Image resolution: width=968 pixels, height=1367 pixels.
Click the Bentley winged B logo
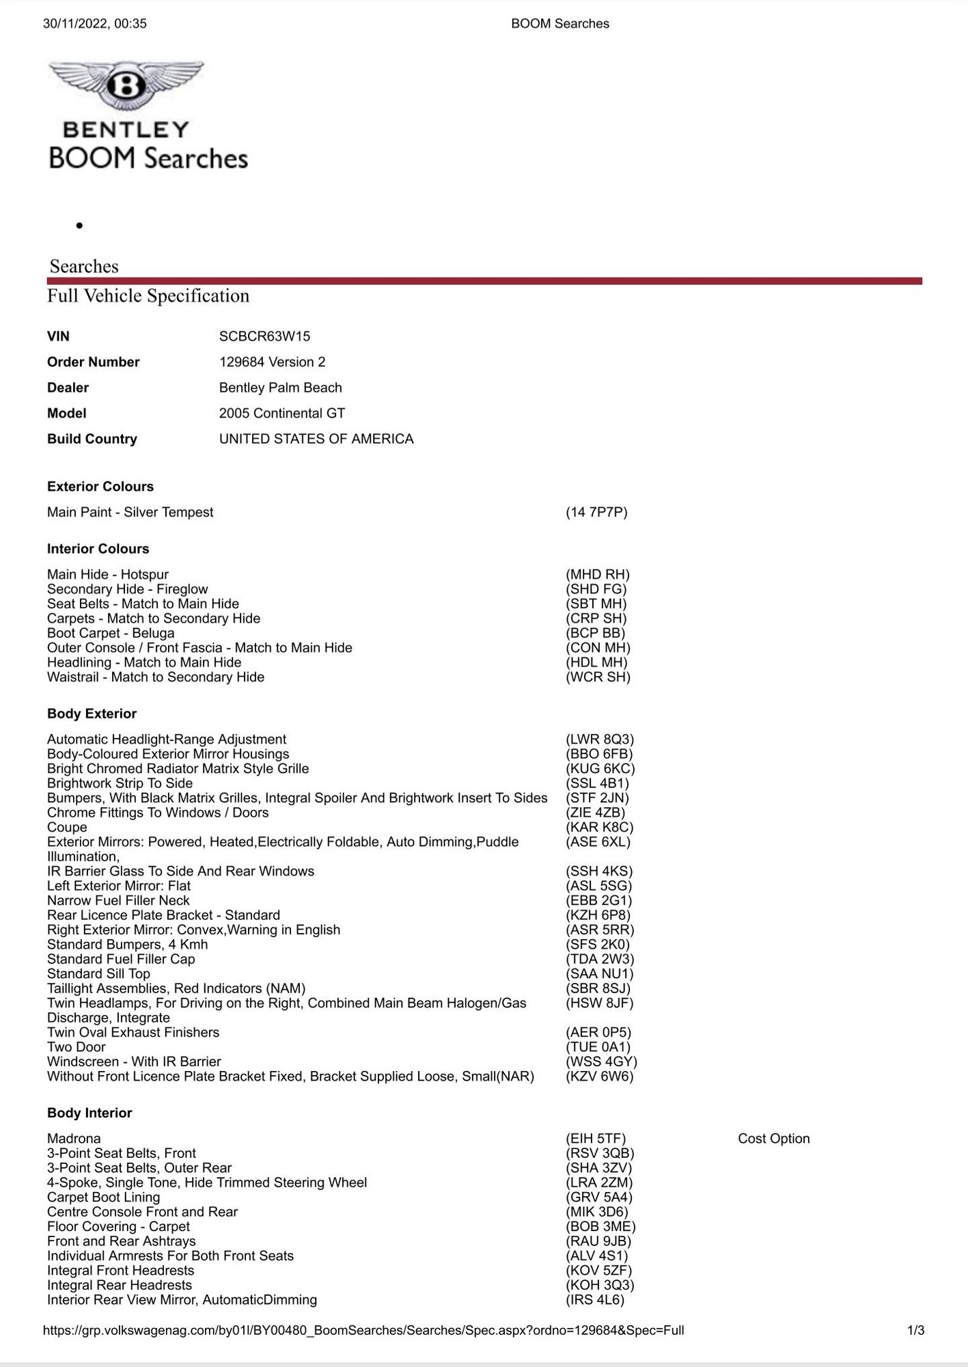click(x=126, y=85)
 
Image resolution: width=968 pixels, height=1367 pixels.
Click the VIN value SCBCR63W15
click(x=264, y=336)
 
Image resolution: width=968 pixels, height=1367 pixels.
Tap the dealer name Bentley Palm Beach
click(x=280, y=388)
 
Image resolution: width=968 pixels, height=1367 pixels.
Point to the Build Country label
click(x=92, y=439)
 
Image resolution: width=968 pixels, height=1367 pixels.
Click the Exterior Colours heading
click(x=100, y=487)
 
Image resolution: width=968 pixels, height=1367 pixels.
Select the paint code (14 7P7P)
click(x=596, y=513)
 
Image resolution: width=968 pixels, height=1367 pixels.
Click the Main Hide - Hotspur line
click(x=108, y=575)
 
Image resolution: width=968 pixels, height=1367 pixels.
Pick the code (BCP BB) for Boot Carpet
click(x=595, y=633)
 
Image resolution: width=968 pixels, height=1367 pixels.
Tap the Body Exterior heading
click(x=92, y=714)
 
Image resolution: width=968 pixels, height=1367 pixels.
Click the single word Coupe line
click(x=67, y=827)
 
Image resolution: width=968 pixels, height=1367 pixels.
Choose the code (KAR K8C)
click(x=599, y=827)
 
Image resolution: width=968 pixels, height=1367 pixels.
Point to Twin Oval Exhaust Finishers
click(x=133, y=1032)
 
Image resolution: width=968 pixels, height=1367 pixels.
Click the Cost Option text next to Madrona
click(x=773, y=1139)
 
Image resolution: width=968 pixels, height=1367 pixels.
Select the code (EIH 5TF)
click(x=595, y=1139)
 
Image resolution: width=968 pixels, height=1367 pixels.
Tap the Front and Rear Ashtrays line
click(x=122, y=1241)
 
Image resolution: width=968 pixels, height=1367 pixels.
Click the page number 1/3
click(x=915, y=1330)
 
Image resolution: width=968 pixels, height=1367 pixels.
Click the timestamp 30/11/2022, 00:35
click(x=95, y=23)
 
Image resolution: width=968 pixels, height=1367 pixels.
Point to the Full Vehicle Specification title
click(x=148, y=296)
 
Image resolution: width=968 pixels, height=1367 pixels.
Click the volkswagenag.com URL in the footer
click(x=363, y=1330)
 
